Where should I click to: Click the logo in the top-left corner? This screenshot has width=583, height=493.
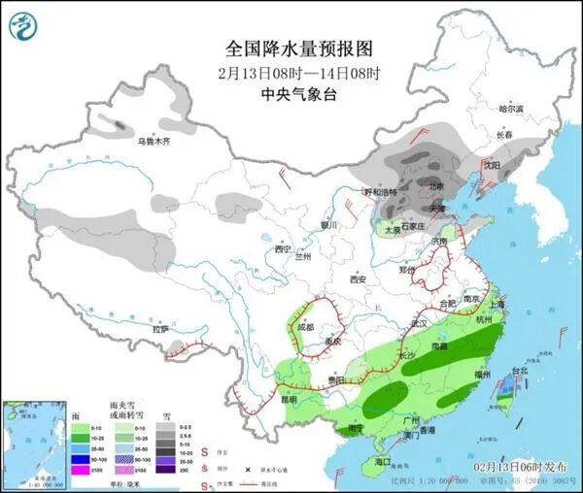(x=21, y=24)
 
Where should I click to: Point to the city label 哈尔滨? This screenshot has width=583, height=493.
(x=510, y=109)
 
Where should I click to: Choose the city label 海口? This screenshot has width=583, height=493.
(x=381, y=461)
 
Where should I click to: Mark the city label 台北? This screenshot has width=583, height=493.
(x=518, y=370)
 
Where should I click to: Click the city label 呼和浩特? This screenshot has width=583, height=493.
(x=381, y=192)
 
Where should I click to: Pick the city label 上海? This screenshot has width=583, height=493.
(x=497, y=303)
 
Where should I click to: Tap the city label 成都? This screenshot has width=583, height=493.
(x=306, y=327)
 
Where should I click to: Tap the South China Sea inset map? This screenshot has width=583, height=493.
(x=32, y=440)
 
